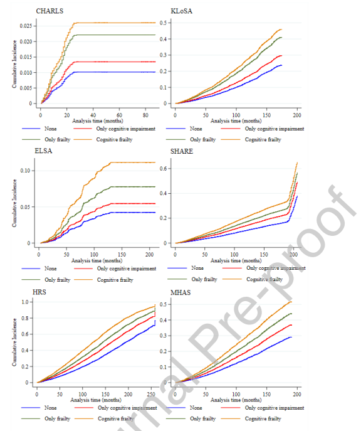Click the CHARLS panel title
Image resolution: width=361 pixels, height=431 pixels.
click(x=50, y=11)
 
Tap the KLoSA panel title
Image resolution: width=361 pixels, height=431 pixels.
click(x=182, y=11)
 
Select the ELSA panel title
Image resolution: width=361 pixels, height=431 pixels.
click(x=43, y=151)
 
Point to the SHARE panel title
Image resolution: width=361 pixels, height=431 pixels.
click(x=182, y=151)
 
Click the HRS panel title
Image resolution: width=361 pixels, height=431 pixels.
click(x=39, y=292)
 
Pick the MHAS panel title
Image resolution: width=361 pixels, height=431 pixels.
click(x=180, y=292)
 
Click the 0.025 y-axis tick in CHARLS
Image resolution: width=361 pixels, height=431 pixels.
click(x=26, y=26)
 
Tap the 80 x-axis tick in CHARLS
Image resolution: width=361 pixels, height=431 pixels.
click(x=145, y=115)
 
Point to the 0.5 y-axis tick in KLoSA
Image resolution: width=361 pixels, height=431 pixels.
click(x=164, y=23)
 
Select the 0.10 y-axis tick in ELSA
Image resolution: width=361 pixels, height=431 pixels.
click(x=25, y=171)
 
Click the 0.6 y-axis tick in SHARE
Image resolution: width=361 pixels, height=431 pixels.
click(x=164, y=169)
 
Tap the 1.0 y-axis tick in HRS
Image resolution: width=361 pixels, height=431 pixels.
click(x=25, y=302)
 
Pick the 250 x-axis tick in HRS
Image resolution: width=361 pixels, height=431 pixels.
click(x=151, y=394)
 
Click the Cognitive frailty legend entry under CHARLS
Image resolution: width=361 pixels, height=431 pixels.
click(x=114, y=140)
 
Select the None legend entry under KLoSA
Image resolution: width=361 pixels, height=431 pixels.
click(x=196, y=129)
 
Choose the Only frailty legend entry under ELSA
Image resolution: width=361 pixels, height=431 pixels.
click(x=58, y=280)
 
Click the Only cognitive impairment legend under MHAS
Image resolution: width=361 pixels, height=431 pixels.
click(x=275, y=408)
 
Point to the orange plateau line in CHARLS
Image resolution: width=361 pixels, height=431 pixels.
click(x=115, y=23)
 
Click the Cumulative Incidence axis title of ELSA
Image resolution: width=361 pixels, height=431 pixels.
click(x=14, y=203)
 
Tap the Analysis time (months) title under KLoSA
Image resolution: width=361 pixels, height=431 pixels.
click(x=236, y=120)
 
